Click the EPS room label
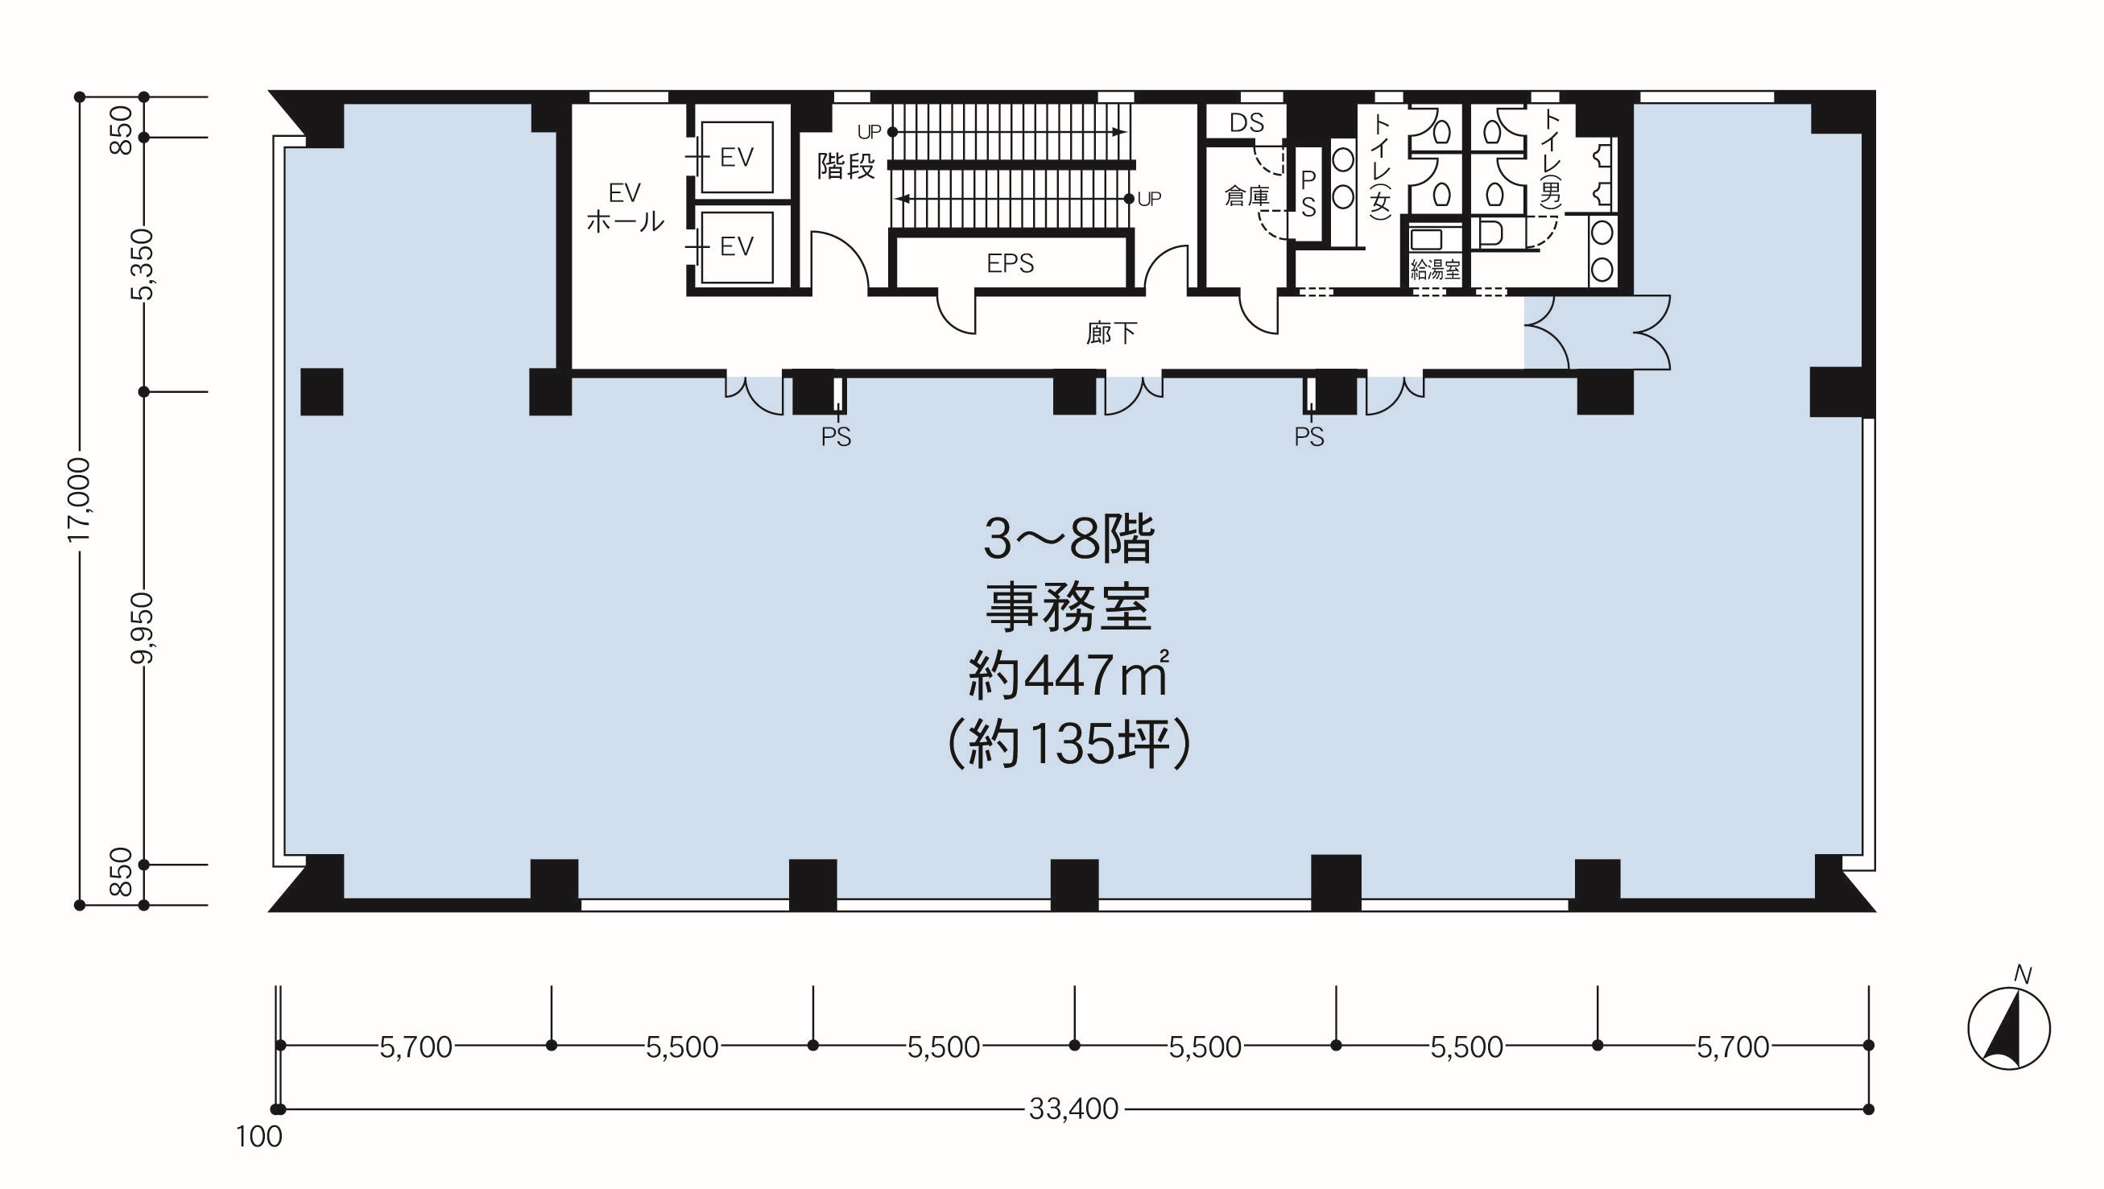[1010, 263]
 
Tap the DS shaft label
[1246, 122]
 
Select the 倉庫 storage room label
[1247, 196]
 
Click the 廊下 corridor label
[1111, 332]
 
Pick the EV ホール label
[625, 207]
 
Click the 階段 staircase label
[846, 166]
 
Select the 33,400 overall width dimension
[1073, 1108]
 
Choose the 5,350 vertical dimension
[143, 265]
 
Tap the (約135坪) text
[1068, 744]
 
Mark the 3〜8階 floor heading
[1069, 539]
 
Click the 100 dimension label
[259, 1137]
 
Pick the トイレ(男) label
[1549, 161]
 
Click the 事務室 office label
[1069, 608]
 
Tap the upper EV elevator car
[738, 157]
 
